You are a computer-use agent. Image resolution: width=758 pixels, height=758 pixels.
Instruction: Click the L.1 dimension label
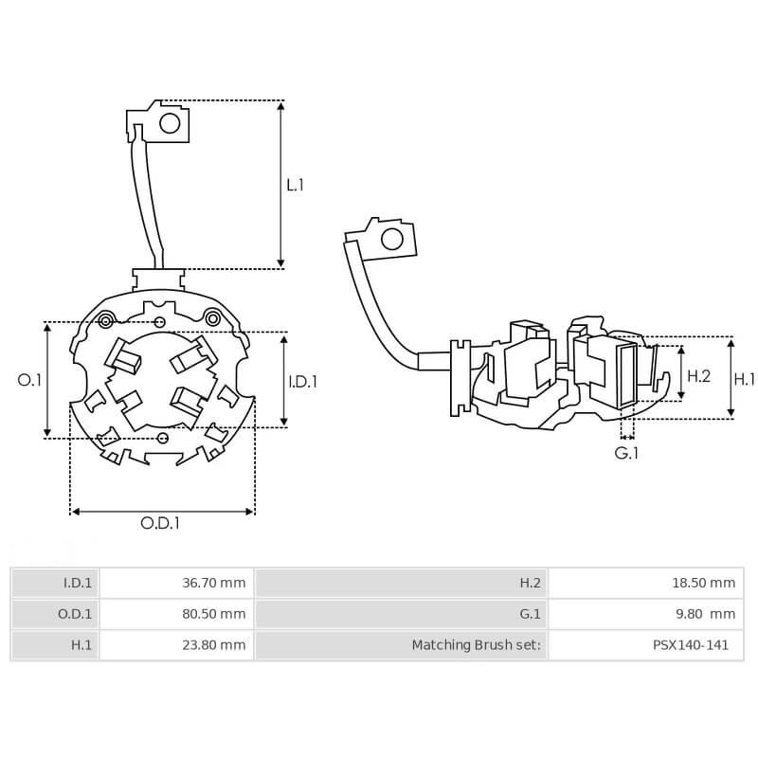[295, 185]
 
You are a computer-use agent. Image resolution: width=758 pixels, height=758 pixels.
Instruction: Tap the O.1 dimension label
[30, 380]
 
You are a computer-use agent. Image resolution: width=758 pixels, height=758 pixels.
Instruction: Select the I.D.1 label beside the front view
[302, 381]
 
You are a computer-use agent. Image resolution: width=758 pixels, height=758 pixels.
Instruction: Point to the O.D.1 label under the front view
[160, 523]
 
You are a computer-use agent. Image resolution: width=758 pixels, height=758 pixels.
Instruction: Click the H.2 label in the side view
[698, 376]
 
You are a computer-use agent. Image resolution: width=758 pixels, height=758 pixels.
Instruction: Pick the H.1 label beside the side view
[745, 378]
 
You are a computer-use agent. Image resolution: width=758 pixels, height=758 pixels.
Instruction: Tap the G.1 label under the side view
[626, 454]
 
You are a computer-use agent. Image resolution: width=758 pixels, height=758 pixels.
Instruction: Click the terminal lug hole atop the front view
[170, 123]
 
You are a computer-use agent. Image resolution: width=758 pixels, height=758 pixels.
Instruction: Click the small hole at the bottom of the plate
[162, 437]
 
